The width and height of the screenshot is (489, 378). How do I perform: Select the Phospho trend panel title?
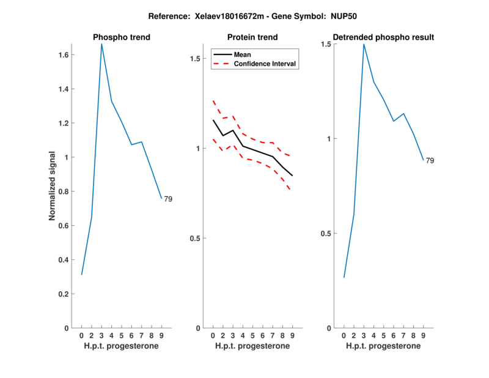click(122, 37)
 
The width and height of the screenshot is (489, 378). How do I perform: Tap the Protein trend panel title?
click(252, 37)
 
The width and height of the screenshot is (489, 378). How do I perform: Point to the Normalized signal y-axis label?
click(53, 186)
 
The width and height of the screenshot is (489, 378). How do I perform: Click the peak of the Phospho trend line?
click(101, 44)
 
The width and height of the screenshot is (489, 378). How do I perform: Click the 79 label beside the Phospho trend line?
click(168, 199)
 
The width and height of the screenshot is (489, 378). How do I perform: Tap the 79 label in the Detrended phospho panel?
click(430, 160)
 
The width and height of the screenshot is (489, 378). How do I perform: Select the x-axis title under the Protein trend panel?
click(252, 346)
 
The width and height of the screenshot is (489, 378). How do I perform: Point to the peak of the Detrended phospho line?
click(364, 44)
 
